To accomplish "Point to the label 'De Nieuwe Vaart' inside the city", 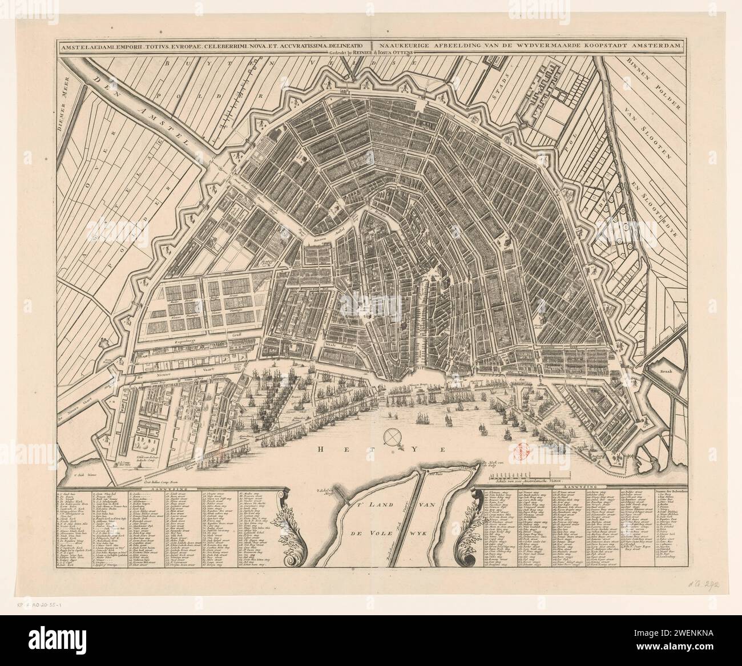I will (157, 377).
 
